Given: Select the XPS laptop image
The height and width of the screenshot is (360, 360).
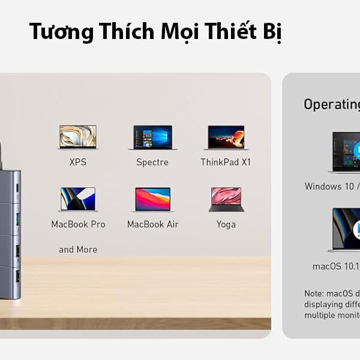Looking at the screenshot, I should (x=78, y=137).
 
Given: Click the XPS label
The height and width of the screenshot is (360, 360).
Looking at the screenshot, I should (x=78, y=162).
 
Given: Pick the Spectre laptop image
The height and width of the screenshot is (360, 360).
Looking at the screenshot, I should (x=152, y=137).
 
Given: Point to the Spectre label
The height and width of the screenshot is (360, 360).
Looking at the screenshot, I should (x=152, y=163).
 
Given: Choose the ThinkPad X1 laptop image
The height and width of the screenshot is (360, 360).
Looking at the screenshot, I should (x=226, y=137).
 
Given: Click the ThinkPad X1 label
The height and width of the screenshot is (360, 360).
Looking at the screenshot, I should (x=226, y=162).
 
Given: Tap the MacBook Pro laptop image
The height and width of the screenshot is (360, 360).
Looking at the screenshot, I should (x=78, y=199).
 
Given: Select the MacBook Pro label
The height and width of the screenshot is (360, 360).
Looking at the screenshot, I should (x=78, y=224).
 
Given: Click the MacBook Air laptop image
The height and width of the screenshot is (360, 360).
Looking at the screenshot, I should (x=152, y=199).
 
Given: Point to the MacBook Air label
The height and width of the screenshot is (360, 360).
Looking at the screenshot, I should (x=152, y=224).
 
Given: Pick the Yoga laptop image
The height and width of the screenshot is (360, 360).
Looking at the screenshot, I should (x=226, y=199).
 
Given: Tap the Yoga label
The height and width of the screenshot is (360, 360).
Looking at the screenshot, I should (x=226, y=224).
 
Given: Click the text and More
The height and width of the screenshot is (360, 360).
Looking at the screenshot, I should (x=78, y=250).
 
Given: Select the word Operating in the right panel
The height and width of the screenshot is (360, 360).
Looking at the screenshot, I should (x=332, y=104).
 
